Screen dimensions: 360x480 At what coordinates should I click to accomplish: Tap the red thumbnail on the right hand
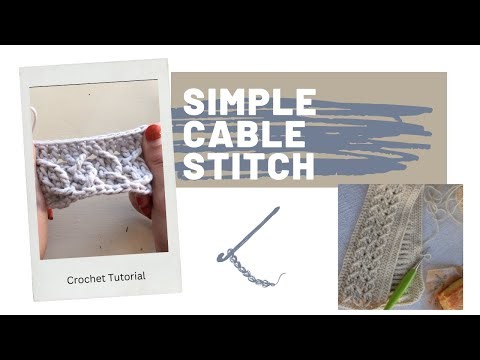pos(152,132)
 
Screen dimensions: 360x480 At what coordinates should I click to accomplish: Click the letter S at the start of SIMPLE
pos(191,104)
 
